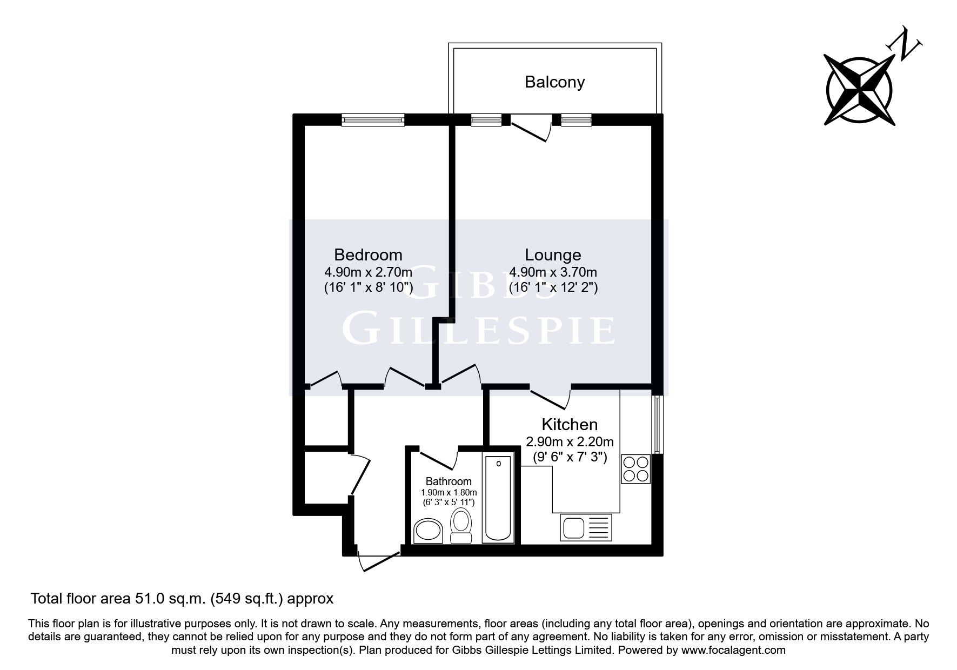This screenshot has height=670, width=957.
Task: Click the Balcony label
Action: tap(554, 82)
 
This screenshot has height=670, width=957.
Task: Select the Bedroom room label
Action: tap(368, 254)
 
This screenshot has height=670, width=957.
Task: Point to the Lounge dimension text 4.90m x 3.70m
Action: tap(553, 272)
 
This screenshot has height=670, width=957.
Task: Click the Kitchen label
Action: tap(570, 424)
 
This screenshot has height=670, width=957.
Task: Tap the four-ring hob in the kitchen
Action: tap(635, 469)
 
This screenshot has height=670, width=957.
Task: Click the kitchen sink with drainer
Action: tap(587, 528)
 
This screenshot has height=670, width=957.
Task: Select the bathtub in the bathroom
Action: tap(498, 498)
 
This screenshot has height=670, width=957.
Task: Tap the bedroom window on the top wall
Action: tap(373, 119)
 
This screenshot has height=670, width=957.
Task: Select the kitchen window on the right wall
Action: tap(657, 425)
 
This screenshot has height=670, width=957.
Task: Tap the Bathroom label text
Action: tap(449, 481)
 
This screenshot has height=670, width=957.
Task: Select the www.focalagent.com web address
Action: tap(733, 650)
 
